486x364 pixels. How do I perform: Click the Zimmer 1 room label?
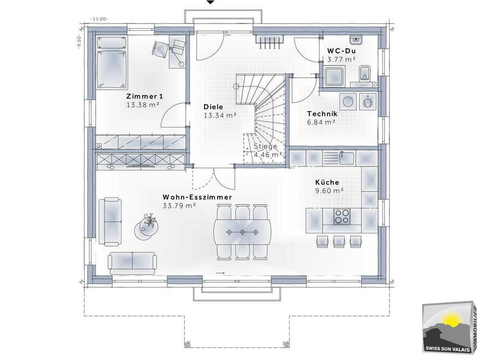point(145,96)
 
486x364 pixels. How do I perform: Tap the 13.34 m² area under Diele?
point(220,115)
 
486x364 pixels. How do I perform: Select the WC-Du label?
point(341,51)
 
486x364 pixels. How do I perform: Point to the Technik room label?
point(322,114)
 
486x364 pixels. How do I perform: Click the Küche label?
point(327,182)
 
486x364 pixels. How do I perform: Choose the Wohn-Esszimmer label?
point(197,197)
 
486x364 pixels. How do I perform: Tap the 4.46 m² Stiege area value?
point(268,155)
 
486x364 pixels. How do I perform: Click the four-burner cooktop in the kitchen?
point(342,216)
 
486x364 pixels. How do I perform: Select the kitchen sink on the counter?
point(346,158)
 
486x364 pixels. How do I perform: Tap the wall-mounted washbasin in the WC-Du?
point(356,40)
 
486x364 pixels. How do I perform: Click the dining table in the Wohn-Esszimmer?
point(242,232)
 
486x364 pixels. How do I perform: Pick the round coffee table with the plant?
point(147,228)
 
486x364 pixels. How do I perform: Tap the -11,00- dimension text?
point(99,19)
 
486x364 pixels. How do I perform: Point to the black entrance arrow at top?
point(211,2)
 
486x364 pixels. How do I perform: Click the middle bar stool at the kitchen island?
point(339,242)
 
